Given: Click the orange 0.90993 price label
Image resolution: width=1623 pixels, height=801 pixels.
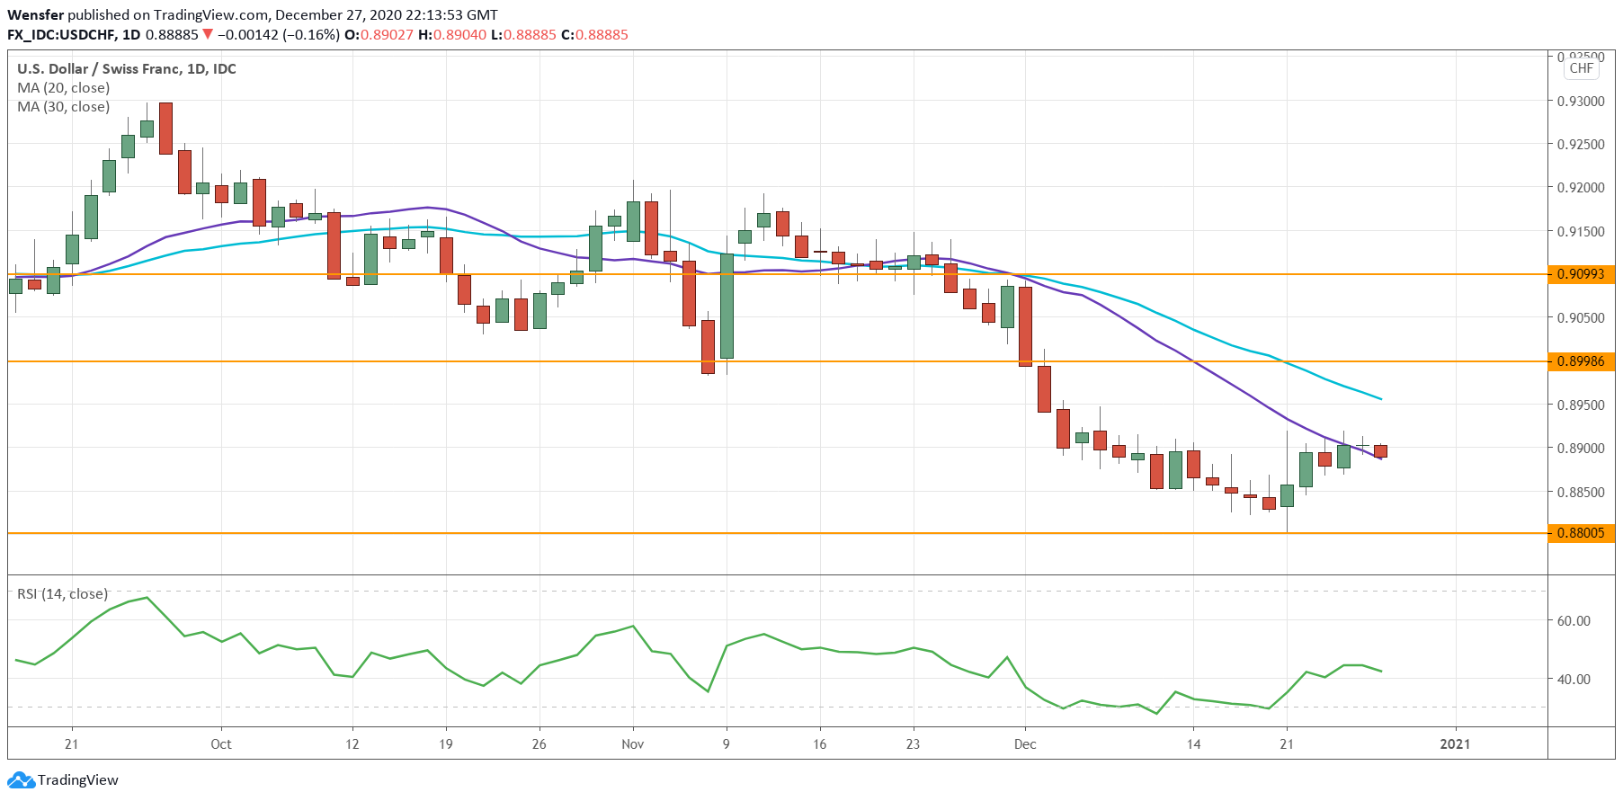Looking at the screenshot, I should pyautogui.click(x=1580, y=274).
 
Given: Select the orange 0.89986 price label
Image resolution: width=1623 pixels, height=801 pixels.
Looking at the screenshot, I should pyautogui.click(x=1580, y=361).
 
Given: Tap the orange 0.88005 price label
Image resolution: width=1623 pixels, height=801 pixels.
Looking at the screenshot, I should pyautogui.click(x=1580, y=533).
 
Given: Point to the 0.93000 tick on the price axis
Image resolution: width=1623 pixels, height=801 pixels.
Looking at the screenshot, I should pyautogui.click(x=1580, y=102).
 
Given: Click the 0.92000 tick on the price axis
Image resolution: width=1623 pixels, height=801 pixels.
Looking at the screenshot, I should pyautogui.click(x=1580, y=188).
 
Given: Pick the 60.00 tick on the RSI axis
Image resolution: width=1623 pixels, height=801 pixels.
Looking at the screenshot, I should pyautogui.click(x=1574, y=621).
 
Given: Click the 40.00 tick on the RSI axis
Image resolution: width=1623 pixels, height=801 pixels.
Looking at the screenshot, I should pyautogui.click(x=1574, y=680).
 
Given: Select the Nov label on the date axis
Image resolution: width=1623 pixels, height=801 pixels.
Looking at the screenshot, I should pyautogui.click(x=632, y=744).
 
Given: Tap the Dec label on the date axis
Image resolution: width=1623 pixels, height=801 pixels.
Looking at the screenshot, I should pyautogui.click(x=1024, y=744).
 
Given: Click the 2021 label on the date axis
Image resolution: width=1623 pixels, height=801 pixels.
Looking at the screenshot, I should pyautogui.click(x=1455, y=744).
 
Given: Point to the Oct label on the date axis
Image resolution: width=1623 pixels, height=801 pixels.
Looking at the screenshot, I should pyautogui.click(x=220, y=744).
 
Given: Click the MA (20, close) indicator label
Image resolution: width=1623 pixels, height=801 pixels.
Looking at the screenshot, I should pyautogui.click(x=63, y=88).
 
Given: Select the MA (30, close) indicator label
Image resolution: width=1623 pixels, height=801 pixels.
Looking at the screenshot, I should pyautogui.click(x=63, y=107).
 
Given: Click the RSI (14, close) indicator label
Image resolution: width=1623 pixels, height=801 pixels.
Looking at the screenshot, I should pyautogui.click(x=62, y=594).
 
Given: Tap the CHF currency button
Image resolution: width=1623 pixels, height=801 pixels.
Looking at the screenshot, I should pyautogui.click(x=1581, y=68).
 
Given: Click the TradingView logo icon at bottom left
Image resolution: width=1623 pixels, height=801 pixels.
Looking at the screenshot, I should pyautogui.click(x=22, y=780).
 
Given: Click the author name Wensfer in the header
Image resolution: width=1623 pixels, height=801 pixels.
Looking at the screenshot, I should pyautogui.click(x=35, y=15).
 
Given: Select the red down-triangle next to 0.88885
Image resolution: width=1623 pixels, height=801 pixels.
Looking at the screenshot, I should pyautogui.click(x=208, y=35).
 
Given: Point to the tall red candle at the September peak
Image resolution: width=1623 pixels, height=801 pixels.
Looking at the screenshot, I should pyautogui.click(x=165, y=128).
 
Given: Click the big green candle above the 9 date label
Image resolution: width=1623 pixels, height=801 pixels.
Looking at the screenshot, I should pyautogui.click(x=727, y=306).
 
